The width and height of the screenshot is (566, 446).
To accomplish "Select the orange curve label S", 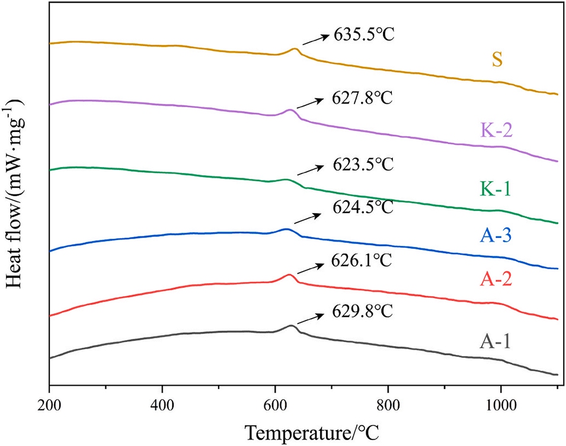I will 497,60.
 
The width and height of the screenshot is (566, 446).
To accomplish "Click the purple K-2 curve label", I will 497,129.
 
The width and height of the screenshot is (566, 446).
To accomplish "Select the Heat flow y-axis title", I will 16,193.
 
